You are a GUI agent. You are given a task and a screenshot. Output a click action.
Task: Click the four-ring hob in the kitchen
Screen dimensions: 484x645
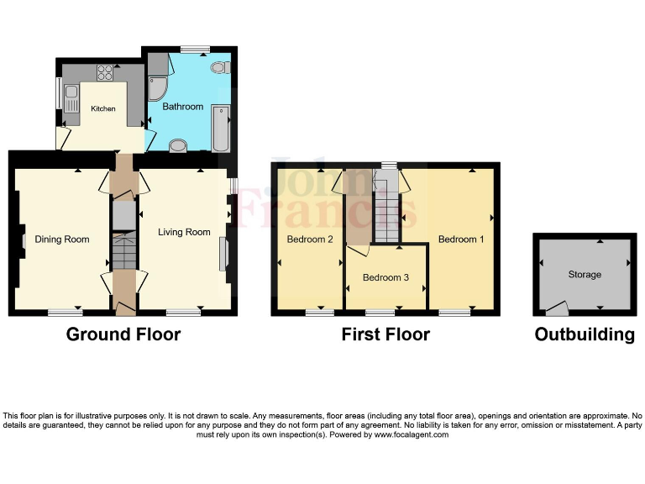(x=107, y=72)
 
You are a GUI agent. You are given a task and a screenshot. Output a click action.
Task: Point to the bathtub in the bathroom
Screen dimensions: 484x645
(x=221, y=128)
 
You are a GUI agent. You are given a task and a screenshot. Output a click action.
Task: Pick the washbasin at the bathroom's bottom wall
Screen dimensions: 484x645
(x=177, y=147)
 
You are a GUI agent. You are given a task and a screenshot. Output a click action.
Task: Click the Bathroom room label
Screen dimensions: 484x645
(x=183, y=107)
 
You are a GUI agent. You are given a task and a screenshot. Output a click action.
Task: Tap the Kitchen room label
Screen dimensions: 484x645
(x=103, y=109)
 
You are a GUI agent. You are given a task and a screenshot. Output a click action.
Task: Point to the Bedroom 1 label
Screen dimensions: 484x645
(x=461, y=239)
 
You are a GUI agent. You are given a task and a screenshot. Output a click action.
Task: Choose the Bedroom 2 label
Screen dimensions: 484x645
(x=310, y=239)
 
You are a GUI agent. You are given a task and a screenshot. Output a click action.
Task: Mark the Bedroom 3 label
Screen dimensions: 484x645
(x=385, y=276)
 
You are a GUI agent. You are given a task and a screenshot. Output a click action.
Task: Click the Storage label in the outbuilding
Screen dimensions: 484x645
(x=585, y=275)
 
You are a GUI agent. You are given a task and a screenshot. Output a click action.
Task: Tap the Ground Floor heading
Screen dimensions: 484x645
(x=123, y=334)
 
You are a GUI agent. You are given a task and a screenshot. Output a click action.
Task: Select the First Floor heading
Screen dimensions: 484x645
(x=385, y=334)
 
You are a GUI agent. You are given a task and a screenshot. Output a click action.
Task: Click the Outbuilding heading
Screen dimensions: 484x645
(x=585, y=334)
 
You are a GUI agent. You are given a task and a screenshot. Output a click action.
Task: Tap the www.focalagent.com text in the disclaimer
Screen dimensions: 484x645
(x=412, y=435)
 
